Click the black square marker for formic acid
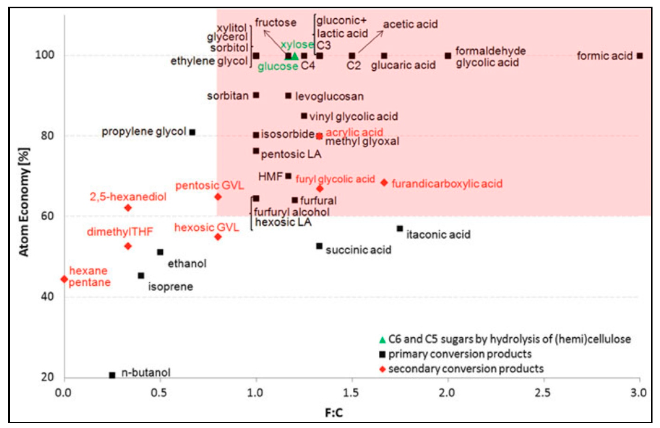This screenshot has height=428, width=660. point(639,56)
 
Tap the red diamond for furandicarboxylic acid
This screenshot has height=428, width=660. point(384,182)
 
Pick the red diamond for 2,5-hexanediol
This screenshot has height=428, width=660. point(128,207)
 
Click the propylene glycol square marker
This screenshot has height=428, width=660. point(192,132)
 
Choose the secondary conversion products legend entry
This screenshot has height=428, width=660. point(466,369)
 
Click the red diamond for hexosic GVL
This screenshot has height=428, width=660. point(218,237)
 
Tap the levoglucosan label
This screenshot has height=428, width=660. point(329,96)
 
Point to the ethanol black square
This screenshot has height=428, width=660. point(160,252)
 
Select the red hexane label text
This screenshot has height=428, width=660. point(88,271)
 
